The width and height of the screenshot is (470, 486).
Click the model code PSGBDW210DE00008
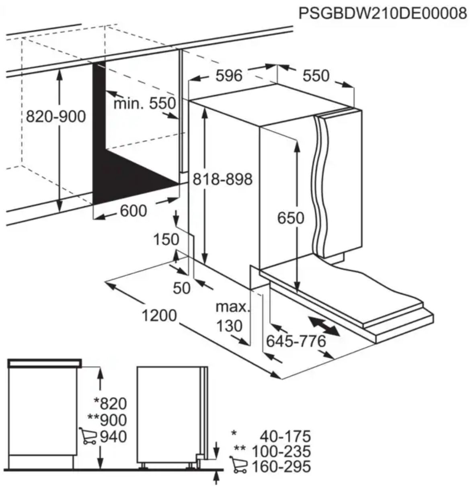(382, 13)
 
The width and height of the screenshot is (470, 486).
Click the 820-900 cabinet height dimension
(56, 117)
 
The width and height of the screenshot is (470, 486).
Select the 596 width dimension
(229, 76)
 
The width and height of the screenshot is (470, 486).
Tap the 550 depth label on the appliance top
(316, 76)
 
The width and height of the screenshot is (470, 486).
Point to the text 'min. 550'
(145, 103)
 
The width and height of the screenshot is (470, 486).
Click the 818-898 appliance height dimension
(223, 179)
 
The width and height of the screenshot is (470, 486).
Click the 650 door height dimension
(291, 218)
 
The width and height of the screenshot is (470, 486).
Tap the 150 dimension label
(166, 239)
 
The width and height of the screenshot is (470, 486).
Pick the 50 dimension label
(182, 288)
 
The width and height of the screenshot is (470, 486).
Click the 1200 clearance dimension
(159, 315)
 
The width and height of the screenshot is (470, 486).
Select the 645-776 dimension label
(296, 341)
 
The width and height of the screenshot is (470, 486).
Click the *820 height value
(110, 404)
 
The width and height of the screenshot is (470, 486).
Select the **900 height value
(107, 420)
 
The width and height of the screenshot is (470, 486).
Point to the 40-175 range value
(285, 436)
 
